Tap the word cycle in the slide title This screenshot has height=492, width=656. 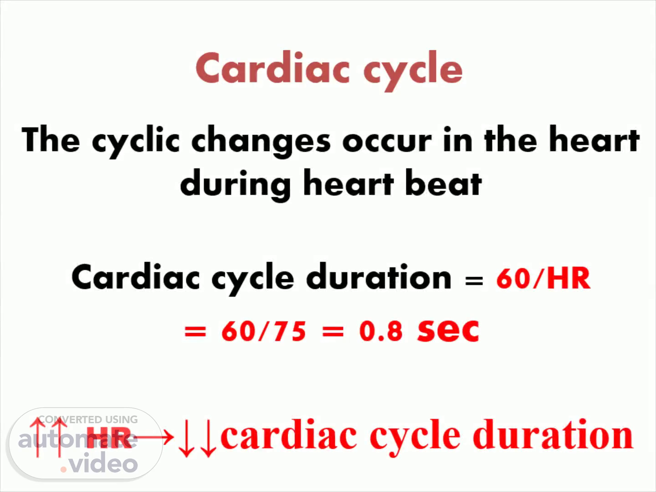point(413,71)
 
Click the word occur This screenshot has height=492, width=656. point(387,142)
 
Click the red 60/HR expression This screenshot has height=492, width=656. point(543,278)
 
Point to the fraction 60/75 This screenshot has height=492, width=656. point(264,331)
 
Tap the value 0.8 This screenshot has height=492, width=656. point(381,331)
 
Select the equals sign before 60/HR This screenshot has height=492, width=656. point(474,281)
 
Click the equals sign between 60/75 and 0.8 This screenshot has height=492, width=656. point(333,331)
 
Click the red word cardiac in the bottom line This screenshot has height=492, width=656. point(288,435)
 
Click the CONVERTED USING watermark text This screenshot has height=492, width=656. point(88,420)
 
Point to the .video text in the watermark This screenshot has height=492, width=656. point(98,462)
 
